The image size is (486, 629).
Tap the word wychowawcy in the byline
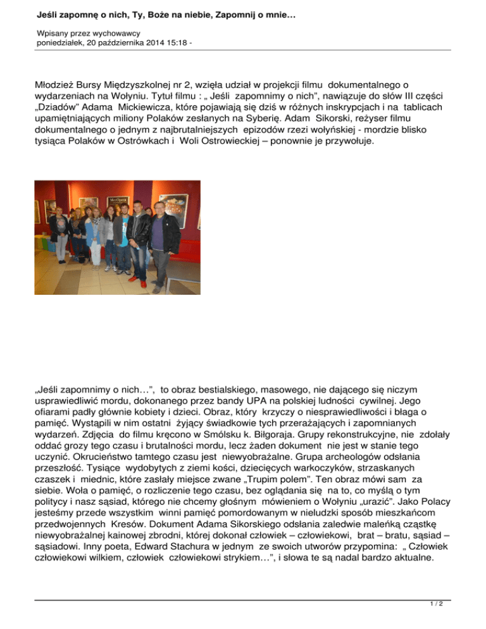pos(118,32)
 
